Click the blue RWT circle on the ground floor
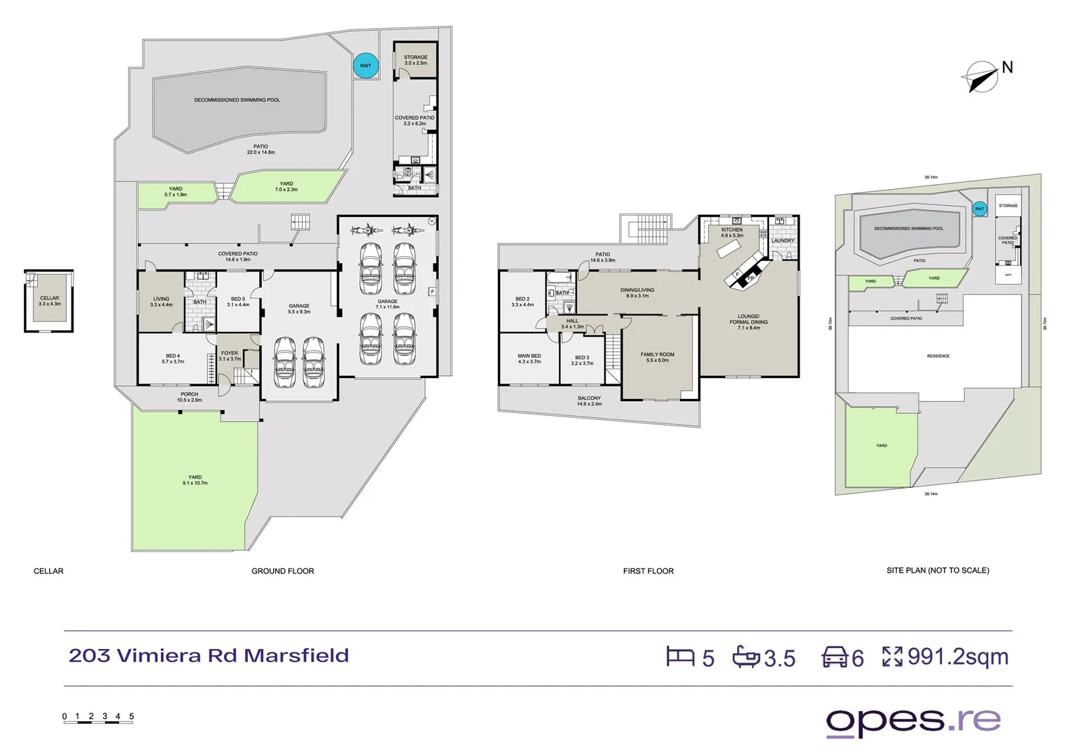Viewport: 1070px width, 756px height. [x=366, y=66]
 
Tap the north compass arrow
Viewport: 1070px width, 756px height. [x=980, y=77]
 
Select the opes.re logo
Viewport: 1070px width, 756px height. [x=913, y=721]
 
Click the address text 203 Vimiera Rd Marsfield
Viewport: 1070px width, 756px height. [x=209, y=656]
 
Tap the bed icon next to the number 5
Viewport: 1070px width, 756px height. [x=679, y=657]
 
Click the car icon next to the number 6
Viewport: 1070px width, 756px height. [x=835, y=657]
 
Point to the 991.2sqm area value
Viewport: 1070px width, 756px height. [x=957, y=657]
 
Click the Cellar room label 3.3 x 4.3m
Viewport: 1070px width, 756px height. [x=50, y=301]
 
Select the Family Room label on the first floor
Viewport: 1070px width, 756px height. [x=658, y=357]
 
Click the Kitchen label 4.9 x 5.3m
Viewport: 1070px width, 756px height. [x=732, y=232]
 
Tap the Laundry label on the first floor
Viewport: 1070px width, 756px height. [x=783, y=241]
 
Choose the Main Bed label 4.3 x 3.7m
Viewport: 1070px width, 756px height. [x=529, y=358]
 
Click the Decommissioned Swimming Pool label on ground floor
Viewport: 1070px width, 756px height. [x=237, y=100]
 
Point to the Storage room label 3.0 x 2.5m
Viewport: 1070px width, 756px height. [x=415, y=60]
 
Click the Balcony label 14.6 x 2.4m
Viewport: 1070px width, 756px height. [x=589, y=400]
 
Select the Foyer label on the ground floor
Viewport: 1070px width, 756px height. [x=230, y=356]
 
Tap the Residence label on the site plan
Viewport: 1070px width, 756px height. [x=938, y=356]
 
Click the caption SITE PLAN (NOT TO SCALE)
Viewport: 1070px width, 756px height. [x=938, y=570]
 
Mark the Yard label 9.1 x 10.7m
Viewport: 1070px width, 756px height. [x=195, y=480]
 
